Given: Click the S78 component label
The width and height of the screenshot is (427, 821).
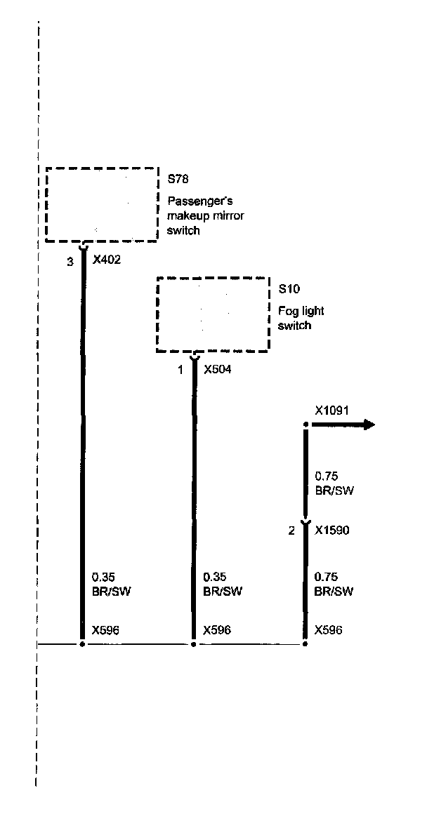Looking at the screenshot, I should click(x=178, y=180).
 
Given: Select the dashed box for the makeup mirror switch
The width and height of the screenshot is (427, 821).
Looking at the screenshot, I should click(x=102, y=204).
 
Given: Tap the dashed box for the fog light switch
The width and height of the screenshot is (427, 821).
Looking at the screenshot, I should click(x=212, y=314).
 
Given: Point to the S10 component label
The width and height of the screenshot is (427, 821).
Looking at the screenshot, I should click(x=288, y=288).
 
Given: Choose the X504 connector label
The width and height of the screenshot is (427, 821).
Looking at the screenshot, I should click(x=217, y=370).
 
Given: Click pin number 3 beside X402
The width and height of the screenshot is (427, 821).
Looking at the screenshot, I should click(x=70, y=262).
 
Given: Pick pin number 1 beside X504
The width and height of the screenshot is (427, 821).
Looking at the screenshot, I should click(x=180, y=370).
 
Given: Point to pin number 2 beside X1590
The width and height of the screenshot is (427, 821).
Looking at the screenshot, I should click(x=291, y=531).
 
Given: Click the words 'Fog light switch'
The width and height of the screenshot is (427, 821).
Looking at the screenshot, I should click(x=301, y=319).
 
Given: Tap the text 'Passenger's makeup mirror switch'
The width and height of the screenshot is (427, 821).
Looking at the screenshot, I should click(x=205, y=216).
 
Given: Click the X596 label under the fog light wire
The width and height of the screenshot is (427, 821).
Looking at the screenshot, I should click(x=217, y=629).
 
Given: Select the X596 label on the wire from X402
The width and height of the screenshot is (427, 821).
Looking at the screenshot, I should click(x=106, y=629).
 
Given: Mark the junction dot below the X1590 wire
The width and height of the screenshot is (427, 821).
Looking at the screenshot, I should click(x=305, y=642).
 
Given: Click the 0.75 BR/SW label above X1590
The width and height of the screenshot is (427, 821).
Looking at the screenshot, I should click(x=334, y=483).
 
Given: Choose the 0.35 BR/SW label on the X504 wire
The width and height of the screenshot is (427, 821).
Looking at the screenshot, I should click(x=222, y=584).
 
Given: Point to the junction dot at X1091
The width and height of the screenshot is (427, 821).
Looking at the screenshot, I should click(x=306, y=425).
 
